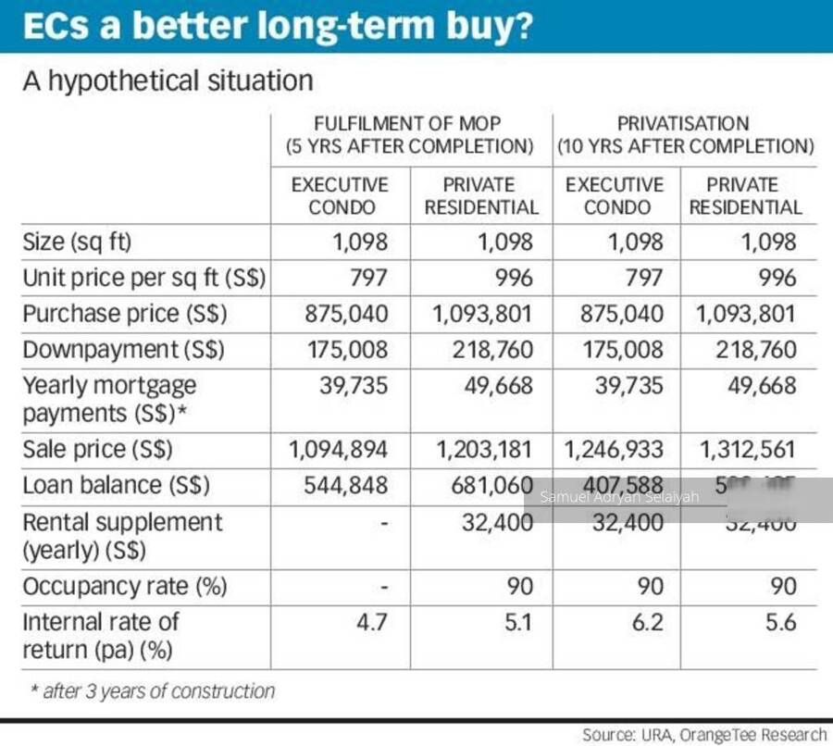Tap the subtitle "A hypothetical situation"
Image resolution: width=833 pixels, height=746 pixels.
[168, 81]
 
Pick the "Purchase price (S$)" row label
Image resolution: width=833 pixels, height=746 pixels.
[125, 314]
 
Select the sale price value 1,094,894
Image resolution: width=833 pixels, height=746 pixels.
[338, 450]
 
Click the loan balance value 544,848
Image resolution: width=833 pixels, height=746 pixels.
[346, 485]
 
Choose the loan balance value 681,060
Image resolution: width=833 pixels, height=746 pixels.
[485, 485]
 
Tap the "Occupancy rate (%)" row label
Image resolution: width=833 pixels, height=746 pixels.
[125, 586]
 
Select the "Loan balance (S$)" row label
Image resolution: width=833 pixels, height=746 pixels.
[116, 485]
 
